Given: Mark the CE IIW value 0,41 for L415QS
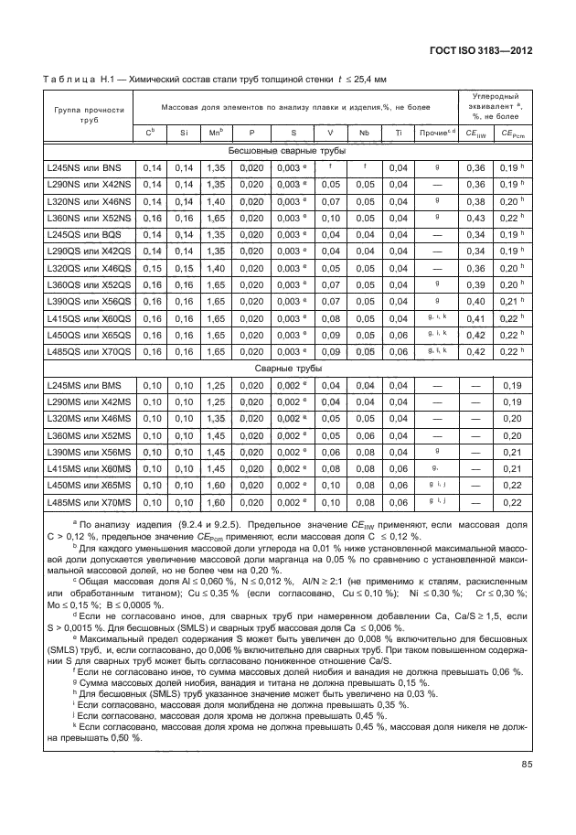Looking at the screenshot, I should pos(475,318).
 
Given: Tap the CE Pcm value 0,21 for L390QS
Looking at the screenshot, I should pos(513,302).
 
